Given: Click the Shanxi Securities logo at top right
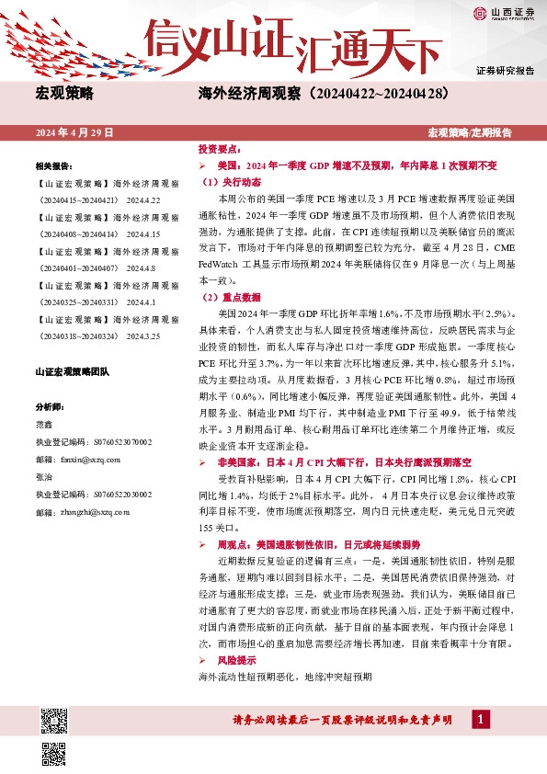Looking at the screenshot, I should pos(505,14).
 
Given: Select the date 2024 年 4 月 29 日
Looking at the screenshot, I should pos(74,133).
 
